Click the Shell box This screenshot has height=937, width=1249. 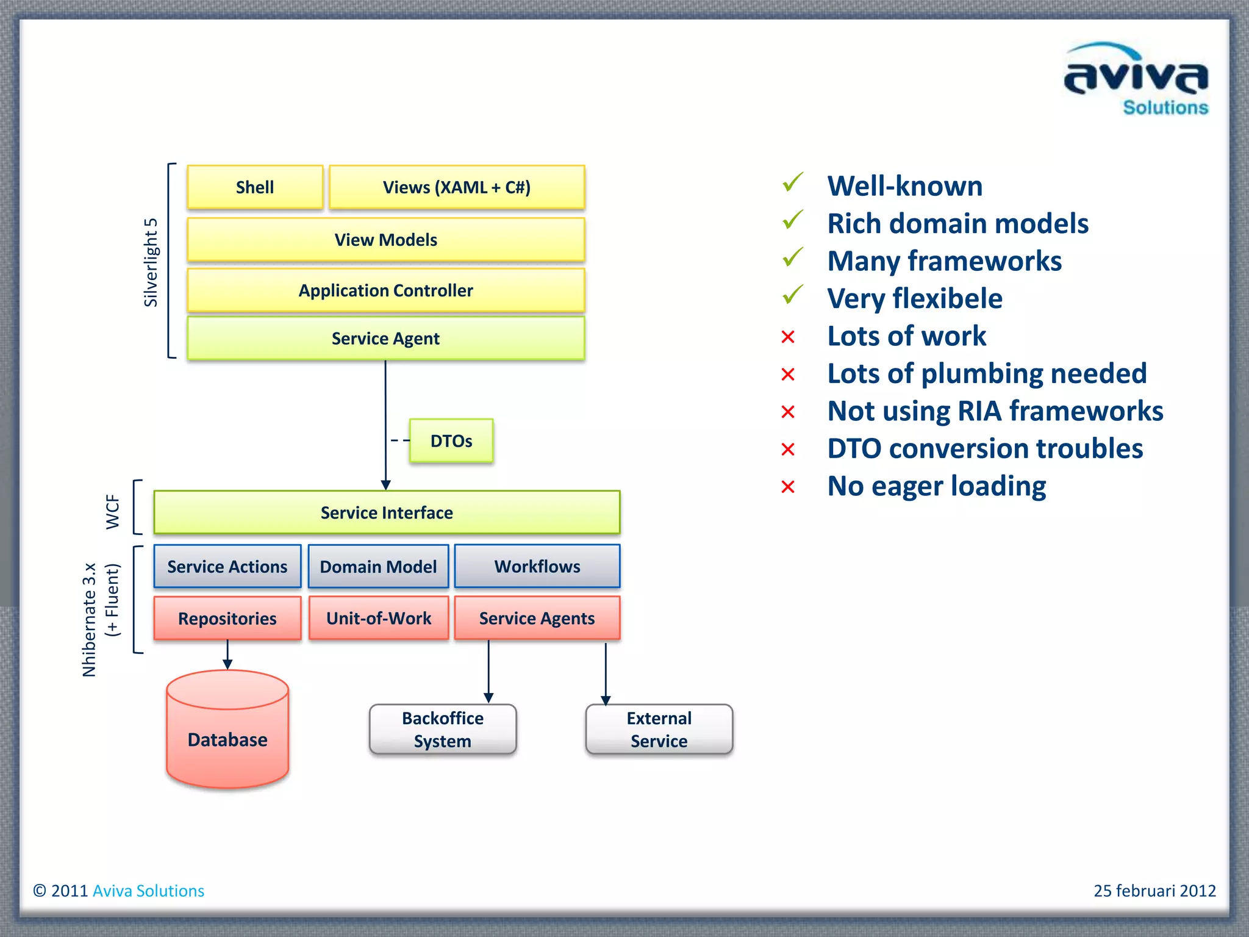click(255, 187)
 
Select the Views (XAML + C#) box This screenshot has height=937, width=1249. click(457, 187)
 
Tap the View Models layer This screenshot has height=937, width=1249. click(385, 240)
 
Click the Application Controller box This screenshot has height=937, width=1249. click(385, 290)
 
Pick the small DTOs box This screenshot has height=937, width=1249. click(451, 440)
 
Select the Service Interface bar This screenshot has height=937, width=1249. click(387, 512)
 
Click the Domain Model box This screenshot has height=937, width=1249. click(378, 567)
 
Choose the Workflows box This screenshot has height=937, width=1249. click(537, 566)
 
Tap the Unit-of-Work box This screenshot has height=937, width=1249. click(378, 618)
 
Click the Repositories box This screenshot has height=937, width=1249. click(227, 619)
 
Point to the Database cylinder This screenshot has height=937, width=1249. click(227, 732)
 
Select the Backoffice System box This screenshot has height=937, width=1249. click(442, 730)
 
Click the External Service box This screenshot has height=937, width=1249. click(659, 730)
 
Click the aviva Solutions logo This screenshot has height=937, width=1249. click(1136, 79)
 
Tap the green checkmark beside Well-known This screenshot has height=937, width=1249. click(792, 182)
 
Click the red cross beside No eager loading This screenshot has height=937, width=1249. click(788, 487)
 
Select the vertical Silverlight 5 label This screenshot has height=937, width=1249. click(151, 262)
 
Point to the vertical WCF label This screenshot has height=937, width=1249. click(113, 511)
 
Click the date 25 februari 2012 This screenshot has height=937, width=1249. click(1154, 891)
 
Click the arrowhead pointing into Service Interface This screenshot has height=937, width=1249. click(385, 485)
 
